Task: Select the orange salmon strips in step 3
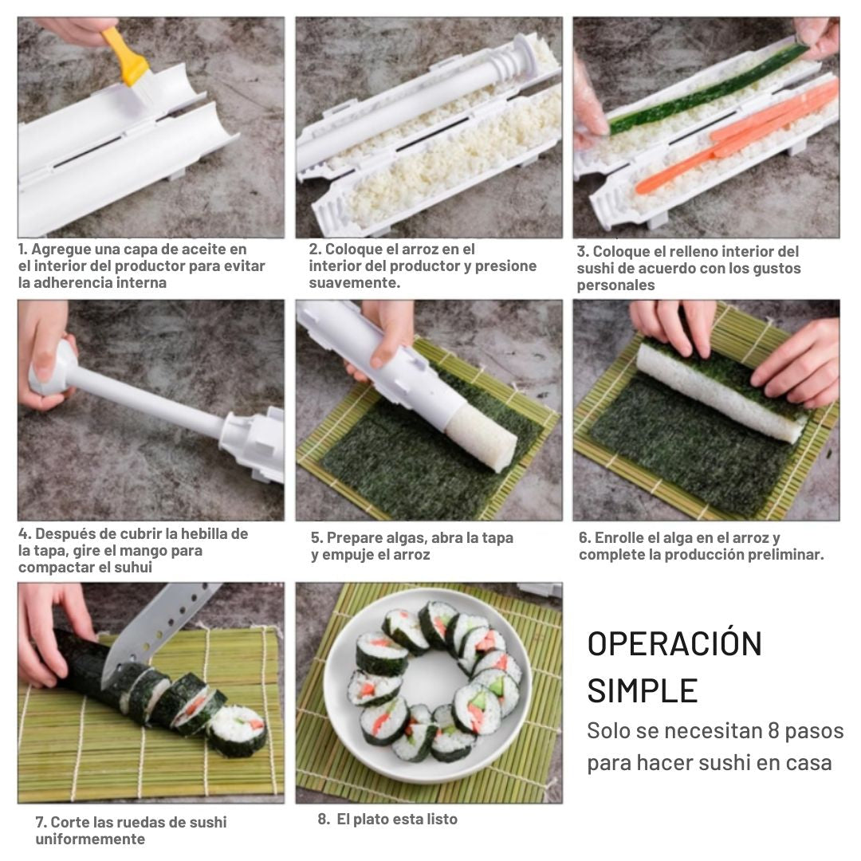741,136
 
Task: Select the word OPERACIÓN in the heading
674,644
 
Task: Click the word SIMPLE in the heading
643,690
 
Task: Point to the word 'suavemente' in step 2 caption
354,283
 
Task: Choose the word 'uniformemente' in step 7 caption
90,839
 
